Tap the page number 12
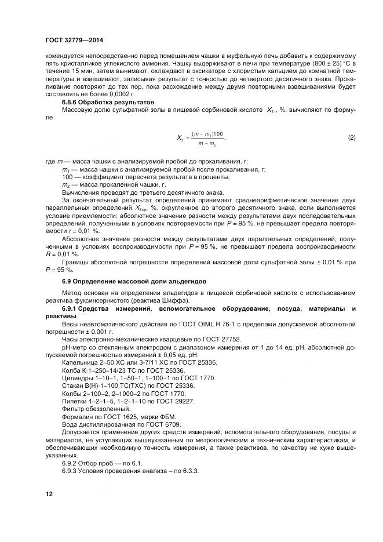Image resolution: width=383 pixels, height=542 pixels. pos(50,494)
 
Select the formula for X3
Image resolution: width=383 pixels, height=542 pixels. pos(200,138)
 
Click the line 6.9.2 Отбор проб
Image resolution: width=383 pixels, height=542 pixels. pos(101,463)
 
